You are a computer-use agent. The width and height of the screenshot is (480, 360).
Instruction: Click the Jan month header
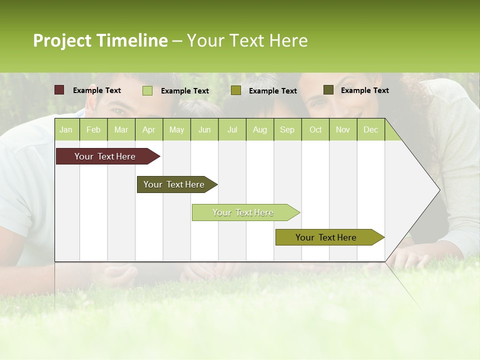coord(66,129)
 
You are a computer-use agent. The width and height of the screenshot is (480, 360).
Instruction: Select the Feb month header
coord(93,129)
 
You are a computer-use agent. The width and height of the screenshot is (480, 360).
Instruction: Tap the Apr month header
coord(148,129)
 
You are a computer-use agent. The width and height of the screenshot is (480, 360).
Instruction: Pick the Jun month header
coord(204,129)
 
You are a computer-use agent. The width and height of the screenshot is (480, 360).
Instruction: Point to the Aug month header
coord(259,129)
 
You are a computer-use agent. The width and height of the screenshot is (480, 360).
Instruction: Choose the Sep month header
coord(287,129)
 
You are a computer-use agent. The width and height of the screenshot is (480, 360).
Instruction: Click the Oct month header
coord(315,129)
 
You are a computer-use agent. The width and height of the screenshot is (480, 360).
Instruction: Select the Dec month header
coord(370,129)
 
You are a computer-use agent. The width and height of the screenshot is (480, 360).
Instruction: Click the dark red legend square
coord(59,90)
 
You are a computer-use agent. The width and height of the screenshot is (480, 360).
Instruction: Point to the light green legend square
coord(147,90)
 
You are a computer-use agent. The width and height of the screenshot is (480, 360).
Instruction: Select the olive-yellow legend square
coord(236,90)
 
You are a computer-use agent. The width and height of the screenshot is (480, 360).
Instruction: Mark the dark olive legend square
coord(328,90)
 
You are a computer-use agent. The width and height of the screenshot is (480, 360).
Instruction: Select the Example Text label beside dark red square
coord(97,90)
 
